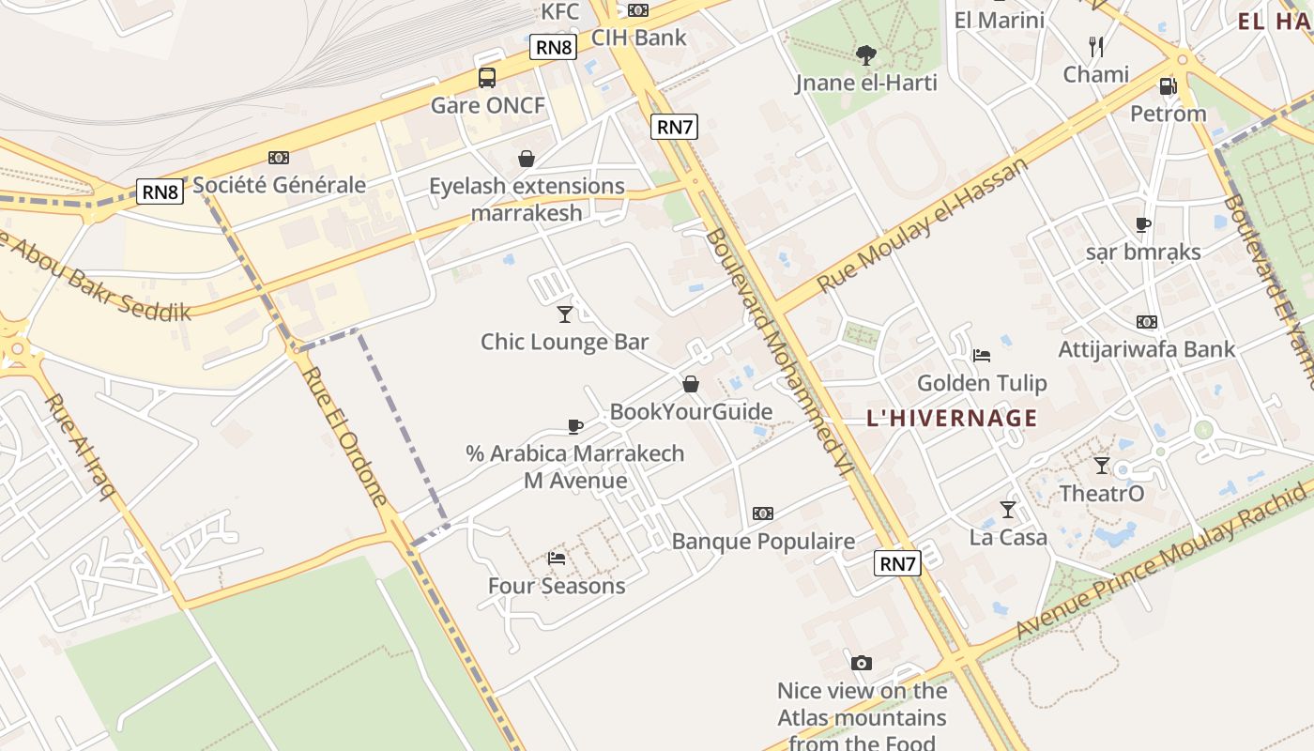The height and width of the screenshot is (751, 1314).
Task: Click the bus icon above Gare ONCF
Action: pos(487,78)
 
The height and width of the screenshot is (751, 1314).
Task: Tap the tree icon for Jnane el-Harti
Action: pos(865,55)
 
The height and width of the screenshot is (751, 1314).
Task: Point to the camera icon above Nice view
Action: pos(862,664)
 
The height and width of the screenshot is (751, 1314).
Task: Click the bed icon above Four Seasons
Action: pos(557,559)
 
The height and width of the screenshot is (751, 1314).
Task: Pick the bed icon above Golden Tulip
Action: pos(982,356)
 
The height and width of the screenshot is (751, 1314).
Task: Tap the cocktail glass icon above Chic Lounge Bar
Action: pos(565,314)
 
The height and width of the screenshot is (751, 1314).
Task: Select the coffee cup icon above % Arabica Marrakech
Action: pos(576,426)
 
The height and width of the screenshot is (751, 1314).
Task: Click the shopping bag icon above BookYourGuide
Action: pos(691,384)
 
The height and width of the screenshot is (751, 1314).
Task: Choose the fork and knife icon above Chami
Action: pos(1095,46)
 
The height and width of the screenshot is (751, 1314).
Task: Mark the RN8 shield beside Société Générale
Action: pos(160,192)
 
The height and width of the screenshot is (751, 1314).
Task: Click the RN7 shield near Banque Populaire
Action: pos(897,563)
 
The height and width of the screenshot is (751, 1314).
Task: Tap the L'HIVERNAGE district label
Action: pos(952,419)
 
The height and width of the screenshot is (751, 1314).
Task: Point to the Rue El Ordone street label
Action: pos(344,434)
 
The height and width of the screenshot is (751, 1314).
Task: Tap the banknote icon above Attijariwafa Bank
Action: pos(1146,322)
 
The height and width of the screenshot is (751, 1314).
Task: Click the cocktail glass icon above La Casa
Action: pos(1008,510)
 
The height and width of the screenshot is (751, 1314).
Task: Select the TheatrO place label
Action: pos(1102,493)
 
